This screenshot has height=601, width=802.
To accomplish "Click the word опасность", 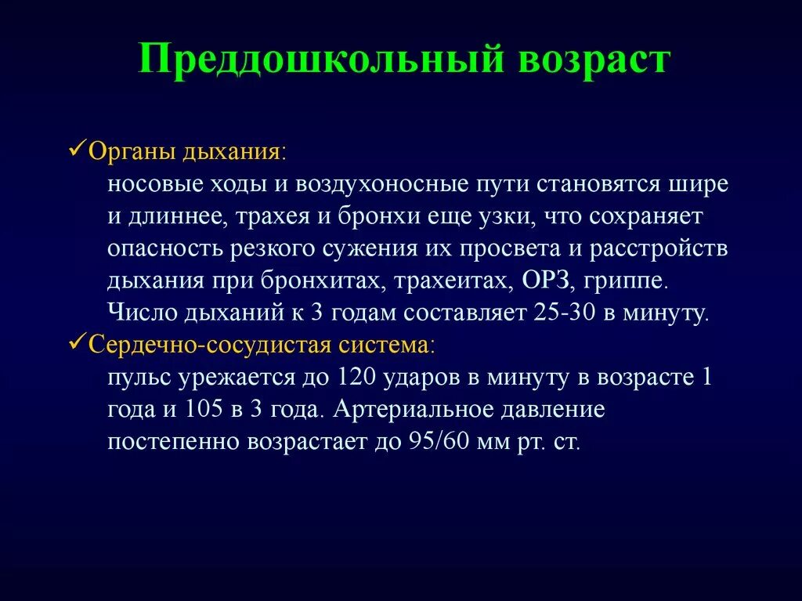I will click(161, 249).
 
